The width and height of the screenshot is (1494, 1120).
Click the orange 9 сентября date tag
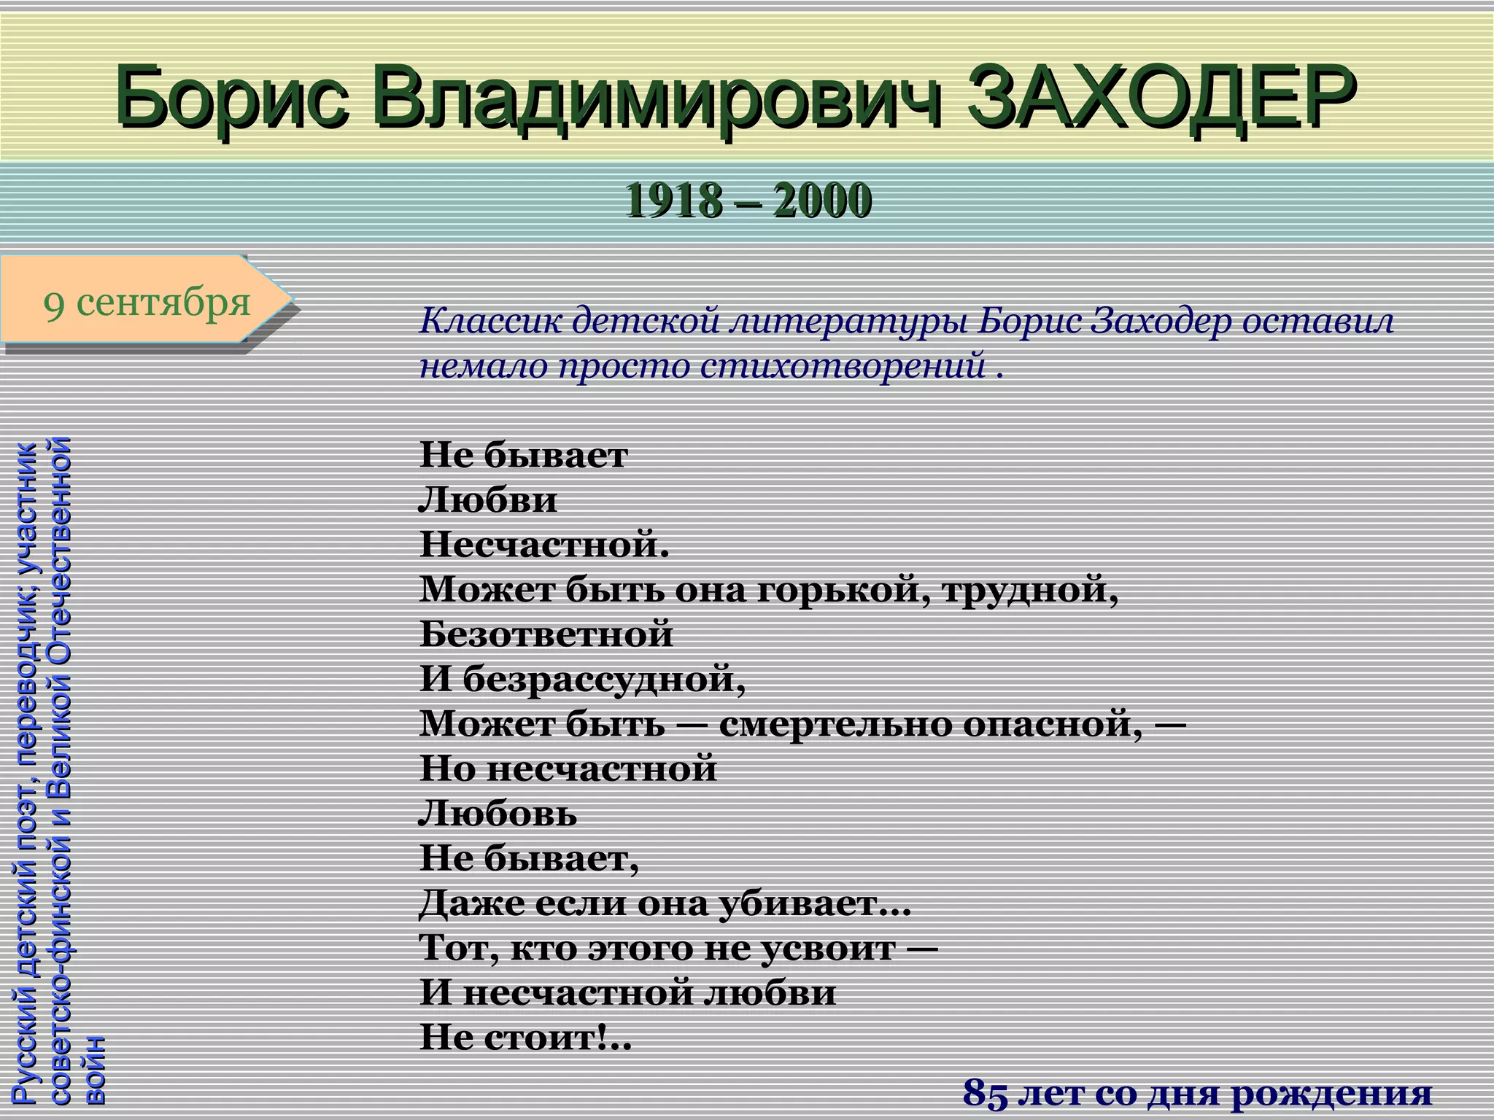tap(146, 300)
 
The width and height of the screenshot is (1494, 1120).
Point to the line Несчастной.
tap(543, 545)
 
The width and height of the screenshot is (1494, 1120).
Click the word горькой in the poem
tap(843, 590)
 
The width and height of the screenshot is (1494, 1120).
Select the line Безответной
tap(546, 634)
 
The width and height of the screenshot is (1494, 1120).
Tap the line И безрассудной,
tap(582, 679)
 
